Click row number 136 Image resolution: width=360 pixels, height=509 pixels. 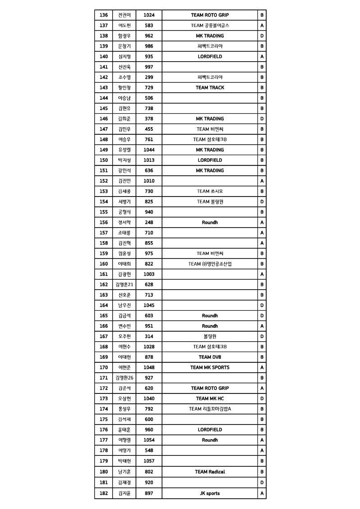(x=103, y=15)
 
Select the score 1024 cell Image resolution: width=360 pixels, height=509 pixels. (x=149, y=15)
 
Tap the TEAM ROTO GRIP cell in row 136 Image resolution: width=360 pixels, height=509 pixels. (x=210, y=15)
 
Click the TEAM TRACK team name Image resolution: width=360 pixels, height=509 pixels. (x=210, y=88)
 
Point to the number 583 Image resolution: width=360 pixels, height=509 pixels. (x=149, y=26)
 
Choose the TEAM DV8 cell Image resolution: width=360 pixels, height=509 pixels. (x=210, y=357)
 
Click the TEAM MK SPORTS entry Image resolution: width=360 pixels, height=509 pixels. (x=210, y=367)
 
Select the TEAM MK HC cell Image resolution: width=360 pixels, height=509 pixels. (x=210, y=398)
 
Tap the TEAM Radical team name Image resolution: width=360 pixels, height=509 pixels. (x=210, y=472)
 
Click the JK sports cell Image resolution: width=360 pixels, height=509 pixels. (x=210, y=493)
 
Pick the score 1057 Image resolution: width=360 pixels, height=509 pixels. (x=149, y=461)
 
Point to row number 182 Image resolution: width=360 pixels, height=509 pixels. (x=103, y=493)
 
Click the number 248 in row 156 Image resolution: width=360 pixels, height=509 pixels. (x=149, y=223)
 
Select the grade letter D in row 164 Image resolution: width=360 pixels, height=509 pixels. (x=262, y=305)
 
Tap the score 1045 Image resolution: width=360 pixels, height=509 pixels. (x=149, y=305)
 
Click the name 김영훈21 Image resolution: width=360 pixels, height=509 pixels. (x=124, y=285)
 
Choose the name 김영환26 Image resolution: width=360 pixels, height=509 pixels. (x=124, y=378)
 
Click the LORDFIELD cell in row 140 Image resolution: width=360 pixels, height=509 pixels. (x=210, y=57)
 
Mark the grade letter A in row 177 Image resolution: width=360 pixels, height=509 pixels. (x=262, y=440)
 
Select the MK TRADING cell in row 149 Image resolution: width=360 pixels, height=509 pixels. (x=210, y=150)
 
